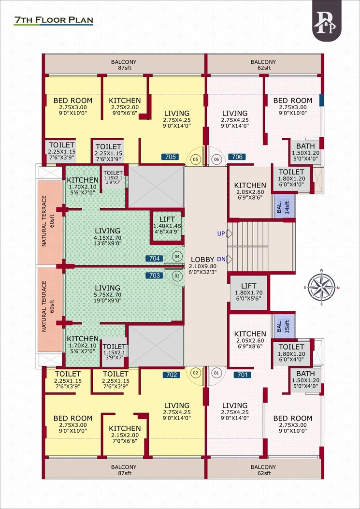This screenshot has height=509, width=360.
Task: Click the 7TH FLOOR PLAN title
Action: pyautogui.click(x=53, y=20)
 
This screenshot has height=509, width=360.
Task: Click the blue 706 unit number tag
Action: pyautogui.click(x=237, y=157)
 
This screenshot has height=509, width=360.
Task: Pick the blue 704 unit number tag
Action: pyautogui.click(x=154, y=259)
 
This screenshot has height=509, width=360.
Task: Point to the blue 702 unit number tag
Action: pyautogui.click(x=172, y=375)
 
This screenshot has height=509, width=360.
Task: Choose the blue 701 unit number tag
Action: pyautogui.click(x=242, y=375)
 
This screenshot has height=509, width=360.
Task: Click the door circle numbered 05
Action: pyautogui.click(x=196, y=159)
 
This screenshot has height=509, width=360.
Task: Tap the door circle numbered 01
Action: pyautogui.click(x=216, y=373)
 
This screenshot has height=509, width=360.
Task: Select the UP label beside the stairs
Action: pyautogui.click(x=221, y=234)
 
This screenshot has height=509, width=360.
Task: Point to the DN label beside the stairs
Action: pyautogui.click(x=221, y=260)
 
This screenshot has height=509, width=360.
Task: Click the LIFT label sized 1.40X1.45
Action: pyautogui.click(x=167, y=219)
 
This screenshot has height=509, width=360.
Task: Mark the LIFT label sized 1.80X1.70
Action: pyautogui.click(x=248, y=286)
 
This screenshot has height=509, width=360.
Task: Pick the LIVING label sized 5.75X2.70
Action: pyautogui.click(x=107, y=288)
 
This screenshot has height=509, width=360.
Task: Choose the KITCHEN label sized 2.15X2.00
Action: pyautogui.click(x=125, y=428)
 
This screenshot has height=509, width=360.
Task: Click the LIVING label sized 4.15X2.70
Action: pyautogui.click(x=107, y=231)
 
